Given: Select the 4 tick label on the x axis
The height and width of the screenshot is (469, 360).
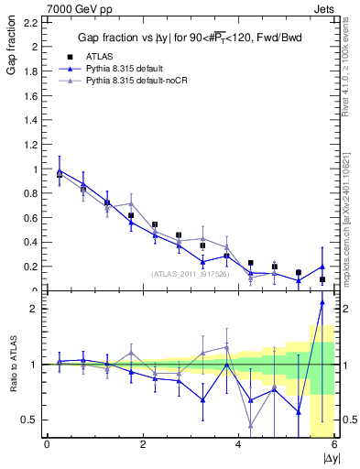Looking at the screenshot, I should coord(238,444).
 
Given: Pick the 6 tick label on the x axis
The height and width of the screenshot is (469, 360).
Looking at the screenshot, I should coord(334,444).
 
